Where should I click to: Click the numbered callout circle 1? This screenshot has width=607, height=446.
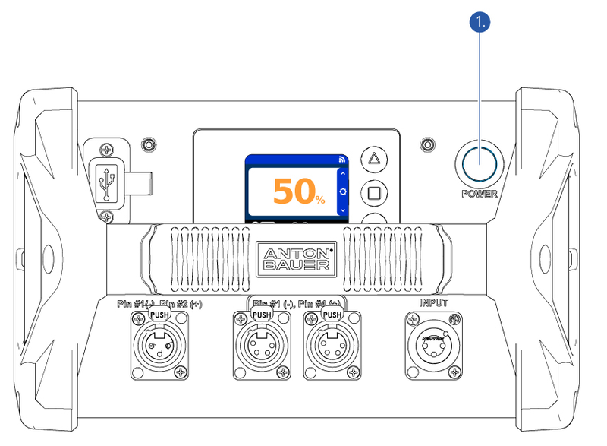[480, 24]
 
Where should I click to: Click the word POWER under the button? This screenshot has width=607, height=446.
[480, 194]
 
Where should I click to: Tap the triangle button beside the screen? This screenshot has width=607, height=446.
[373, 160]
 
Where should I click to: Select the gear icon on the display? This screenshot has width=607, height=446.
[343, 191]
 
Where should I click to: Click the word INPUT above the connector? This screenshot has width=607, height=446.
[435, 302]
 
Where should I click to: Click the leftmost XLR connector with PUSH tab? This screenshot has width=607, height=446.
[159, 345]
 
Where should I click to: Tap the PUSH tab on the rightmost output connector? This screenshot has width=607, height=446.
[332, 315]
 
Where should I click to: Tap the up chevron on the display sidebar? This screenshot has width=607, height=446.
[343, 174]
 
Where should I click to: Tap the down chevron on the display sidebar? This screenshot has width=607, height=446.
[343, 209]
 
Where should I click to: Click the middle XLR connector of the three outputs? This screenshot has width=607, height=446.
[262, 345]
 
